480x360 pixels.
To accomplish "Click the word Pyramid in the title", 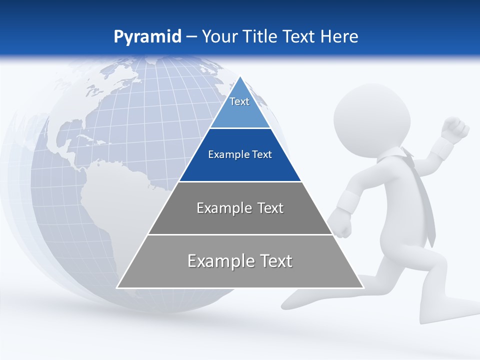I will tap(147, 37).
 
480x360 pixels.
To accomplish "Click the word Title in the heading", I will tap(260, 36).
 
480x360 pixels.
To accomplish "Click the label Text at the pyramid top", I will tap(239, 101).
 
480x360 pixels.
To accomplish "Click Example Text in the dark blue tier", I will tap(240, 154).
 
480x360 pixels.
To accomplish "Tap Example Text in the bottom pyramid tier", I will tap(240, 261).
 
